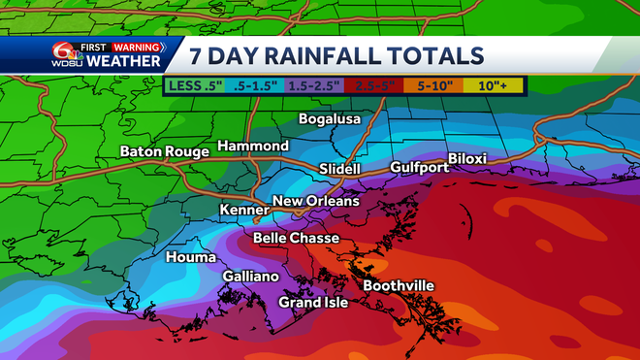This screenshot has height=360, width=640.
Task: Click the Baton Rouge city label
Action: click(x=164, y=151)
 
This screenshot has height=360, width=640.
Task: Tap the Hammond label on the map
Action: click(x=252, y=146)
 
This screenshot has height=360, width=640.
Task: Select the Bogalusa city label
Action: click(x=329, y=118)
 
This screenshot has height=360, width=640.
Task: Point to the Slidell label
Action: click(x=339, y=170)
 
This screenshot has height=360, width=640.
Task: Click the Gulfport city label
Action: click(x=419, y=168)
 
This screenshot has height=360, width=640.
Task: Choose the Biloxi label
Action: click(x=466, y=158)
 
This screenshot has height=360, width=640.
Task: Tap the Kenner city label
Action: click(x=243, y=210)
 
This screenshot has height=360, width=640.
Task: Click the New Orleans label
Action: click(x=315, y=201)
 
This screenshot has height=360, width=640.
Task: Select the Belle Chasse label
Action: click(x=296, y=238)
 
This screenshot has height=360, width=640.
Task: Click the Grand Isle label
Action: click(x=313, y=303)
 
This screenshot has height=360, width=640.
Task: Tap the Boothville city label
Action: click(x=398, y=285)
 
